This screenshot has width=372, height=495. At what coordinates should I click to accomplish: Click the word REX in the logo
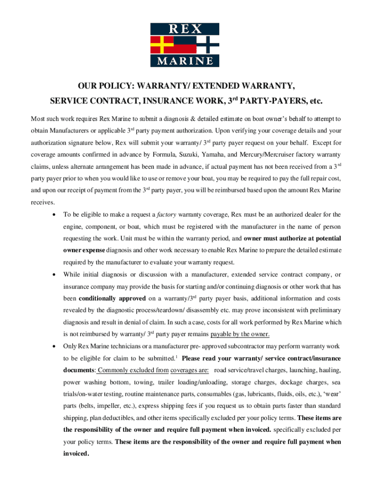click(x=185, y=29)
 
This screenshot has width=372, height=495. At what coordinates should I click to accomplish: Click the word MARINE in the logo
click(x=185, y=61)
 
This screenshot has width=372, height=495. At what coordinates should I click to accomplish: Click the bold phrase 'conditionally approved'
click(x=112, y=298)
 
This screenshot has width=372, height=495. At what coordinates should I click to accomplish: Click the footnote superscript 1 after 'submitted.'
click(x=177, y=357)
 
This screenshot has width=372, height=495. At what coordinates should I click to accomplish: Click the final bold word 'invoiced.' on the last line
click(x=76, y=453)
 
